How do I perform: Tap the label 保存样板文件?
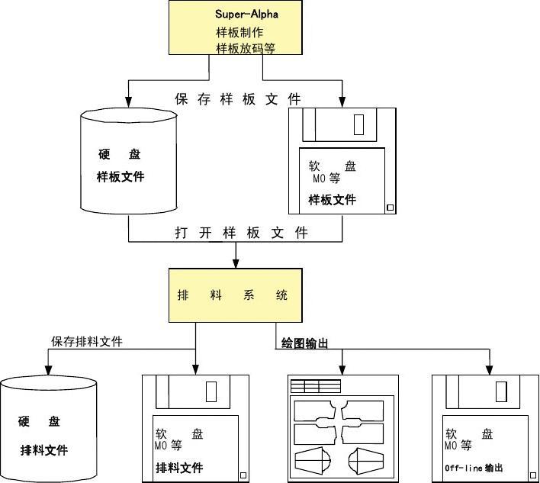click(x=238, y=99)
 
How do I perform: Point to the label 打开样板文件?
click(x=238, y=233)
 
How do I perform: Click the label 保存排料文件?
click(x=87, y=341)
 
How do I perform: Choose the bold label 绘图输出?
click(x=304, y=344)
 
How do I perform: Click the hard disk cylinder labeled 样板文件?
click(x=128, y=164)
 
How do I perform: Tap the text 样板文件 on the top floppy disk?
click(x=332, y=200)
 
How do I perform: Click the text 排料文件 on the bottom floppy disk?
click(x=179, y=467)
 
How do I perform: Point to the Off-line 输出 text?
click(x=474, y=468)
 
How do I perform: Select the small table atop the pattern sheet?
click(x=316, y=385)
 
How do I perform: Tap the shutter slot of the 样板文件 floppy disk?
click(x=358, y=124)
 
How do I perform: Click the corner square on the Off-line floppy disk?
click(x=526, y=473)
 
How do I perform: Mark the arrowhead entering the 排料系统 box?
click(x=236, y=264)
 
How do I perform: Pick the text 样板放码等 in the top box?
click(x=245, y=48)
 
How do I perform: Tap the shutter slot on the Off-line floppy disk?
click(x=501, y=391)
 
